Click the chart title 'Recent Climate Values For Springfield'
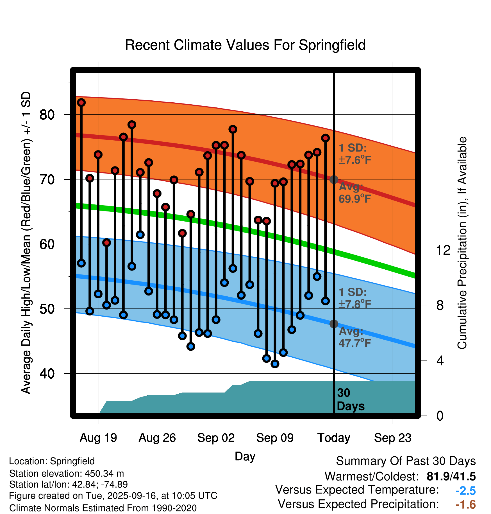pos(245,45)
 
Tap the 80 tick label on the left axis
pos(47,115)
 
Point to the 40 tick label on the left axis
pos(47,374)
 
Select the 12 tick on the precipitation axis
pos(443,250)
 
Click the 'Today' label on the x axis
pos(334,438)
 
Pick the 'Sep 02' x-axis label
pos(216,438)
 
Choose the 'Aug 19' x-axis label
pos(98,438)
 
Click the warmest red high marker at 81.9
pos(81,103)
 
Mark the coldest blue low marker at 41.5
pos(275,364)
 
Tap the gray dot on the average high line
pos(334,179)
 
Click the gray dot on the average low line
pos(334,324)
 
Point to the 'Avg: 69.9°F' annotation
pos(354,193)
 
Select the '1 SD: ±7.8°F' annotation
pos(354,298)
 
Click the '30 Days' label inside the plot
pos(350,400)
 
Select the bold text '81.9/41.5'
pos(451,476)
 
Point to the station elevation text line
pos(67,474)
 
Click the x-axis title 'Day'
pos(245,456)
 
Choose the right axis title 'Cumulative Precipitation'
pos(462,243)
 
